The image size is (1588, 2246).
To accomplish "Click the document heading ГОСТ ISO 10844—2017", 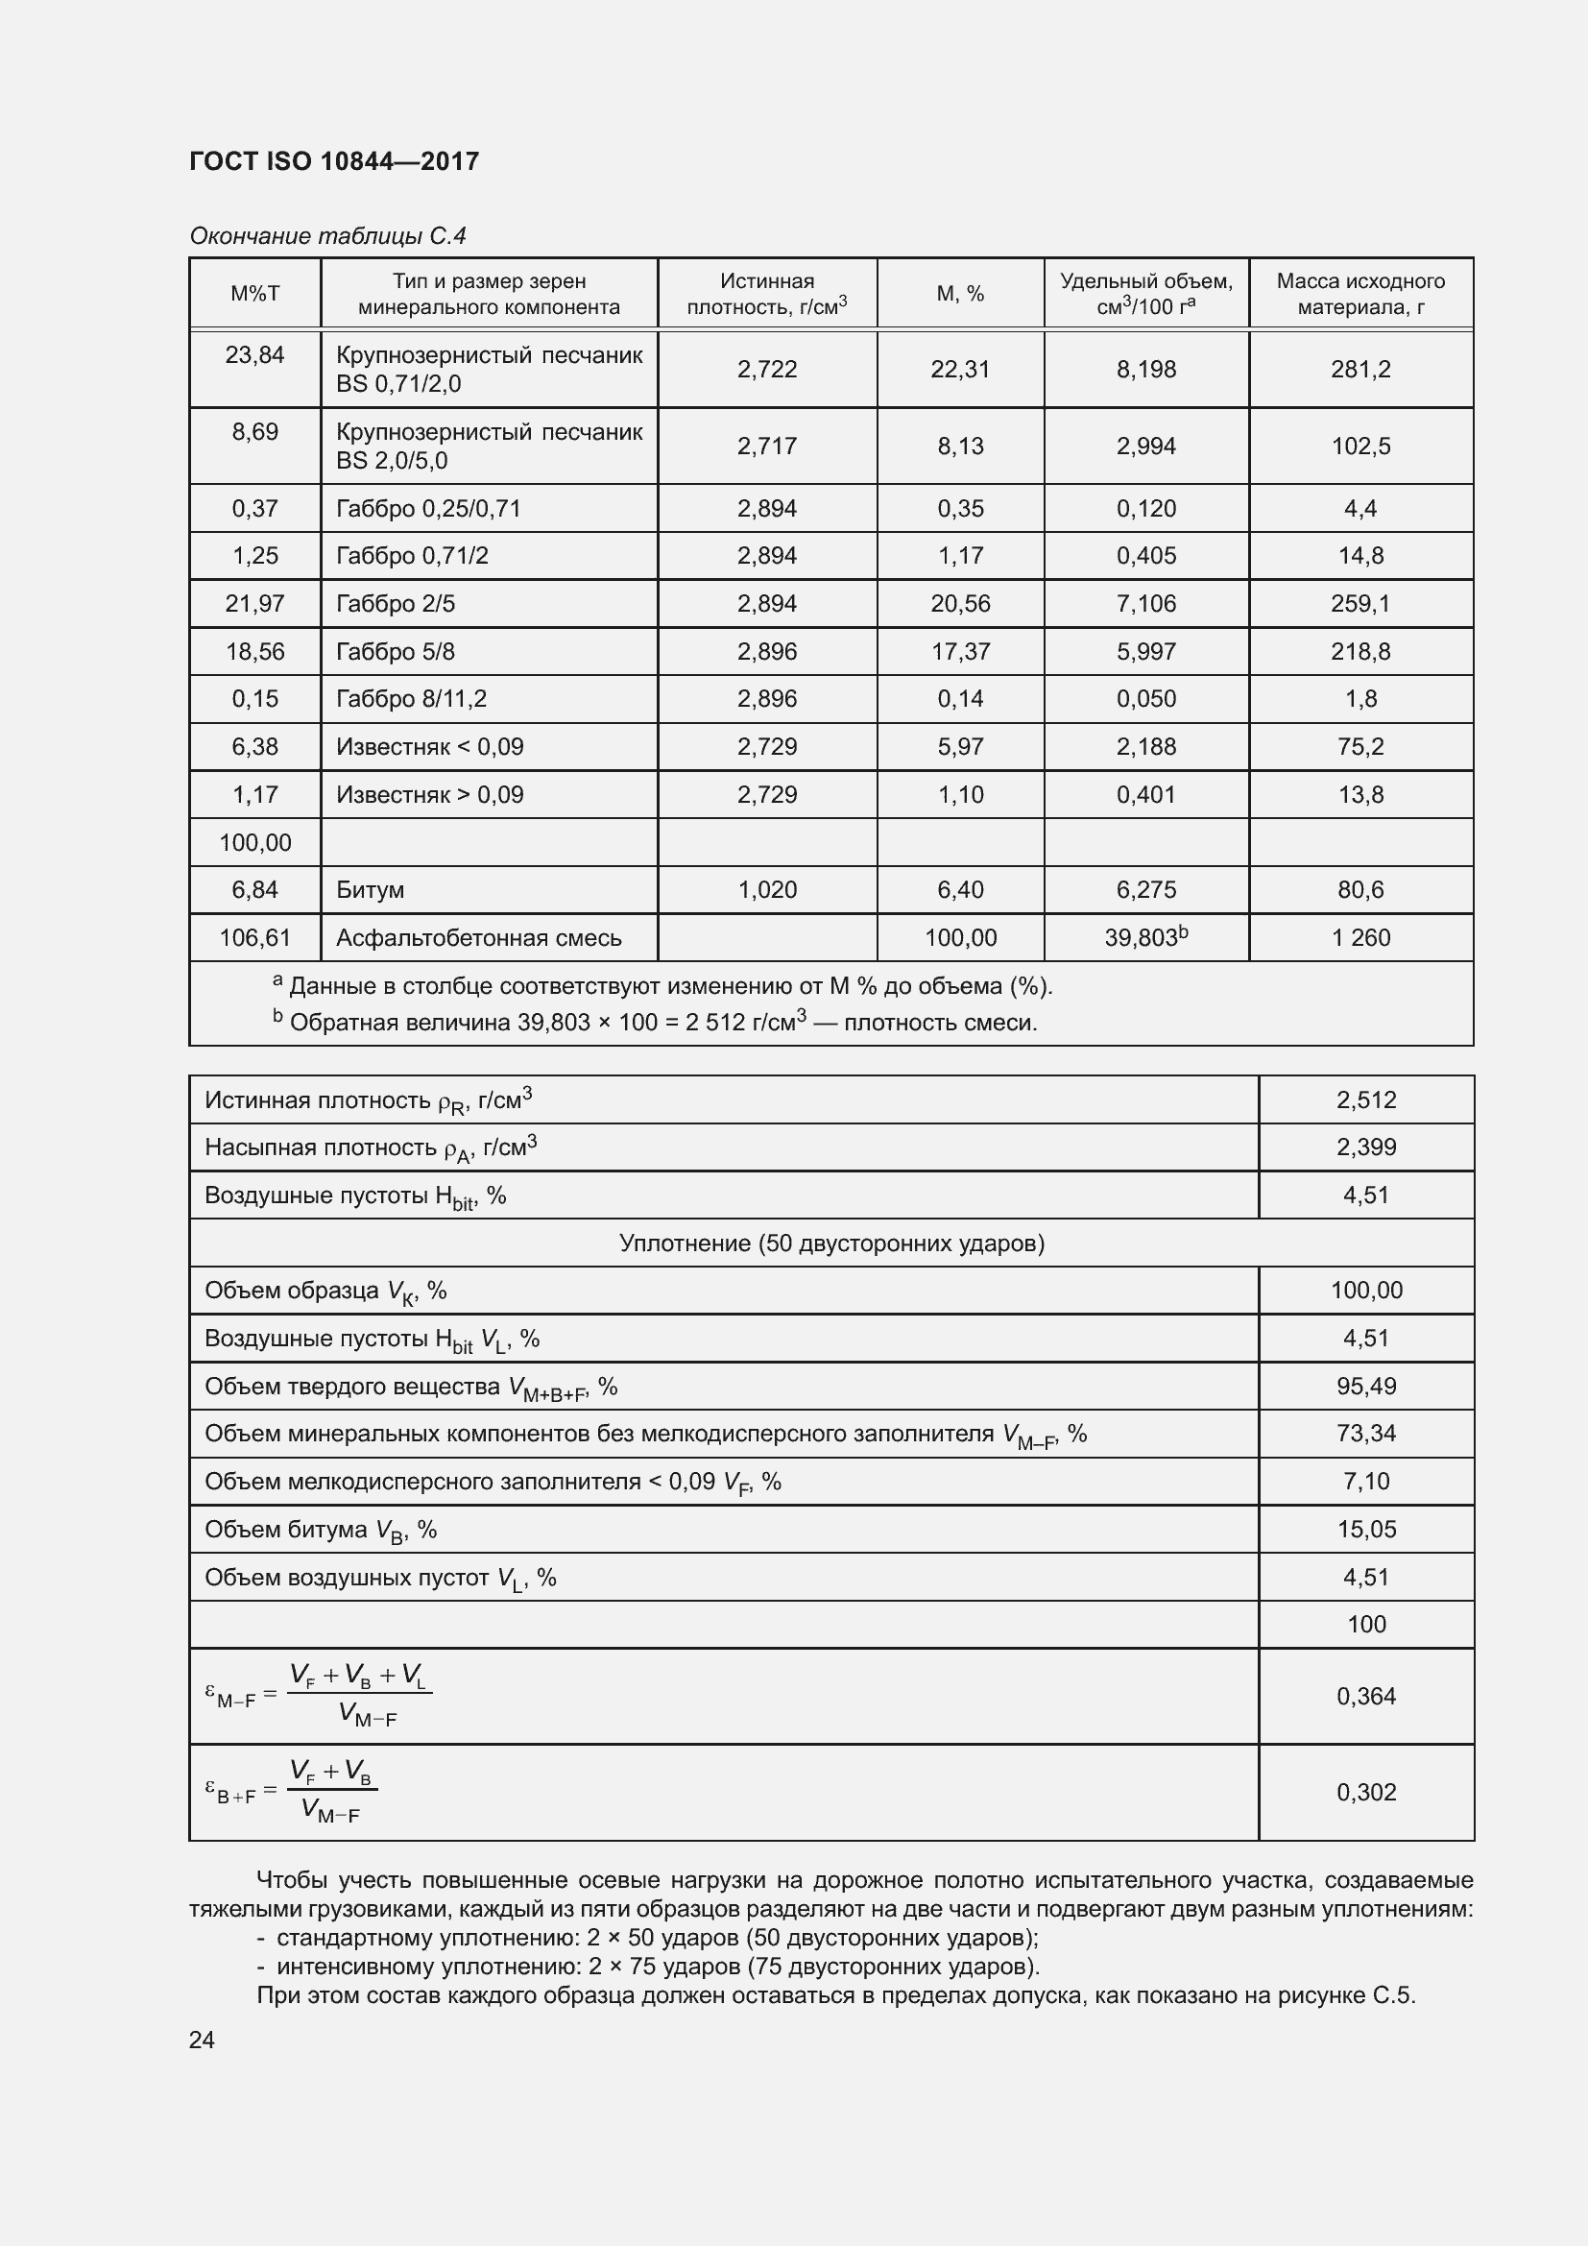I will (333, 161).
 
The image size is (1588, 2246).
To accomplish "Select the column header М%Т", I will (255, 294).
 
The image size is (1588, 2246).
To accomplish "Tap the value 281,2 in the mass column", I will (1360, 370).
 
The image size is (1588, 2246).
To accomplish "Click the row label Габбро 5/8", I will (395, 651).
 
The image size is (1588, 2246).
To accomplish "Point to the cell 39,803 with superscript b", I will (1145, 937).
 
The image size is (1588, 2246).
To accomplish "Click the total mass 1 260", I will (1360, 938).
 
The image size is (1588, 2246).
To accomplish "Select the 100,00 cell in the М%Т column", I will (255, 842).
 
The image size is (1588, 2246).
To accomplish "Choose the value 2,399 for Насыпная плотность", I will (1366, 1147).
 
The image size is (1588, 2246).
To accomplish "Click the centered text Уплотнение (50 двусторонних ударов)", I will (831, 1244).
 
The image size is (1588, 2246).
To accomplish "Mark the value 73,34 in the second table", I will (1366, 1434).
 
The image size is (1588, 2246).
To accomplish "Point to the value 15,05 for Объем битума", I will (1366, 1529).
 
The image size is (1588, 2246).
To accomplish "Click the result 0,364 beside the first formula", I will (1366, 1696).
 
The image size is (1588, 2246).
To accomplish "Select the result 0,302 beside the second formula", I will (1366, 1792).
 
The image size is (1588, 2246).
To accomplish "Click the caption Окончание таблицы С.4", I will (327, 236).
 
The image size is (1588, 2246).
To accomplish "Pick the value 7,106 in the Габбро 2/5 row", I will (1146, 604).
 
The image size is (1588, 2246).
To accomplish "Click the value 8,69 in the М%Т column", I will (255, 432).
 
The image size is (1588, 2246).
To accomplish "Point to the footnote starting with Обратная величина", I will (662, 1023).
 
